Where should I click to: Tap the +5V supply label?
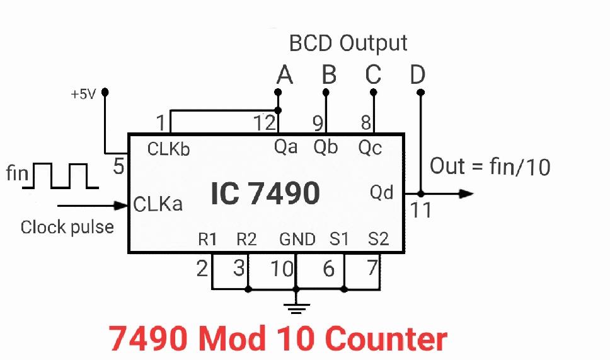(x=83, y=95)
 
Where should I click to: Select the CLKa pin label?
(x=158, y=204)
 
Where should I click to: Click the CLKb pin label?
(x=168, y=149)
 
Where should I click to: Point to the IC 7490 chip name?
(x=265, y=194)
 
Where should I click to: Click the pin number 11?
(x=421, y=210)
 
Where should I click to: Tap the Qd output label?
(x=382, y=192)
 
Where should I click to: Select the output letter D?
(x=417, y=75)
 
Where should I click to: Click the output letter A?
(x=285, y=75)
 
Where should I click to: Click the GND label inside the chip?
(x=297, y=240)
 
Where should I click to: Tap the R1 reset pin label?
(x=207, y=240)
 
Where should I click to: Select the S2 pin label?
(x=378, y=240)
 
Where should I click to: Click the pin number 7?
(x=372, y=268)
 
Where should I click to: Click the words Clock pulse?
(x=67, y=227)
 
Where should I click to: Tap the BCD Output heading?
(x=348, y=43)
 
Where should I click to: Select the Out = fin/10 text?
(x=490, y=166)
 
